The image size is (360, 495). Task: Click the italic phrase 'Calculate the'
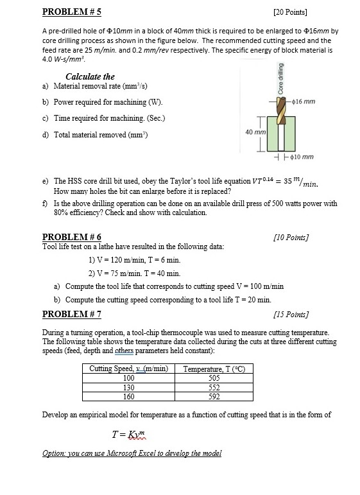point(90,76)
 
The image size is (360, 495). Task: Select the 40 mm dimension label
point(254,132)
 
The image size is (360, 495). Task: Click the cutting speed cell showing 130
point(128,387)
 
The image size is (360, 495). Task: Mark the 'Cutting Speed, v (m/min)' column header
point(128,369)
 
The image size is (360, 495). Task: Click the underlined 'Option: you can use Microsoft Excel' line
point(132,453)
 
